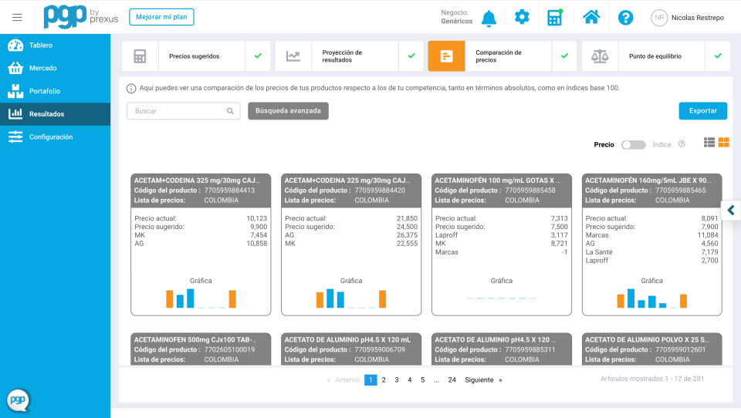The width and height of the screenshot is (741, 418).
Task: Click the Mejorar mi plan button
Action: (161, 17)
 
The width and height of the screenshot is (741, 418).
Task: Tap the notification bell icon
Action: (489, 18)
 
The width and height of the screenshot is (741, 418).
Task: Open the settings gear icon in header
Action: (522, 17)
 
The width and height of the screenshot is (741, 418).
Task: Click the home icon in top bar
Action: (591, 17)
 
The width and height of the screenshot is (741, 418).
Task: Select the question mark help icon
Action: (625, 18)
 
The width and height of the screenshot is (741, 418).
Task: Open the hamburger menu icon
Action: (17, 18)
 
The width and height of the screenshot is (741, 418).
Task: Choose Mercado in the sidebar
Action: (43, 68)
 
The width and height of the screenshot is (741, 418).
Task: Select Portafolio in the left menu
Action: (45, 91)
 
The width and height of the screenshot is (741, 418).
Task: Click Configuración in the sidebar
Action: (51, 137)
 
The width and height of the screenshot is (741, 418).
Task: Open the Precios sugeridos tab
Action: (195, 56)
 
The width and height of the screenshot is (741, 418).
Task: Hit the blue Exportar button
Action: (702, 111)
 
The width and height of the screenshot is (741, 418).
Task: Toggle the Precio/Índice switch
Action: (633, 144)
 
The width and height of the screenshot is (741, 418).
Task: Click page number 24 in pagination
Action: (452, 380)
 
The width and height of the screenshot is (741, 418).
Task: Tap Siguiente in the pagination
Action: (479, 380)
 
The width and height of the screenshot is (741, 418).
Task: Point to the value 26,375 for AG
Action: (407, 235)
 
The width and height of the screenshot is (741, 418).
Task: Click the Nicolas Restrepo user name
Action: (698, 18)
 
